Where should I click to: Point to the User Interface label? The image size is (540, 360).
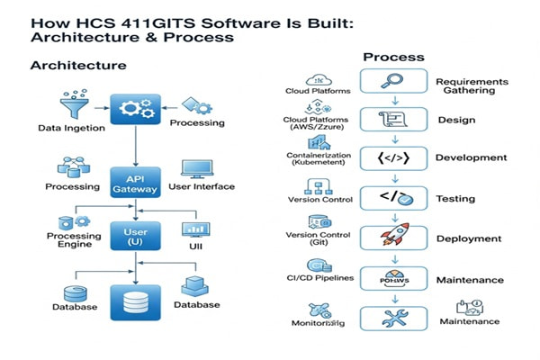point(201,186)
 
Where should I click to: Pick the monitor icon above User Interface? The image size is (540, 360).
point(196,168)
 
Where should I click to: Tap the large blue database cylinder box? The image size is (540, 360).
point(135,301)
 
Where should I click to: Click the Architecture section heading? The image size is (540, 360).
point(78,66)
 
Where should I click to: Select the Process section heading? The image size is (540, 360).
point(393,57)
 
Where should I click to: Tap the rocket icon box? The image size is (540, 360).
point(393,238)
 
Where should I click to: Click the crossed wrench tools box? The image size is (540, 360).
point(393,318)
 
